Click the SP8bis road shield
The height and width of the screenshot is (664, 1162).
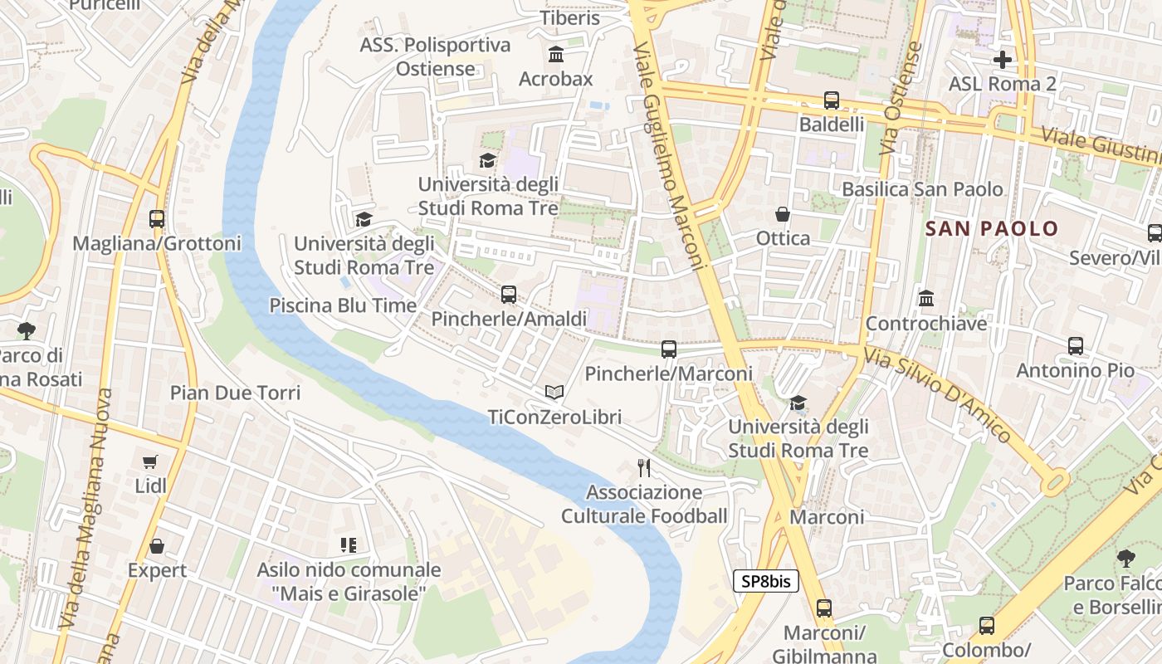765,581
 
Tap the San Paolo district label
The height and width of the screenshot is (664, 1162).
991,228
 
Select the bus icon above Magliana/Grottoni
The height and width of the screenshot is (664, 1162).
157,219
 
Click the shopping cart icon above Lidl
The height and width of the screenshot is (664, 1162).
150,461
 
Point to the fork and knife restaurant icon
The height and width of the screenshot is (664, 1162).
643,468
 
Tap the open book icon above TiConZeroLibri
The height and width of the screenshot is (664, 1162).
554,392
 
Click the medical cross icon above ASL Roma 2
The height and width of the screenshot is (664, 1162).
1002,60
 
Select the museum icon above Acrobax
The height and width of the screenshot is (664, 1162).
556,55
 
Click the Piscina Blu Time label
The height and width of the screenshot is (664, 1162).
343,305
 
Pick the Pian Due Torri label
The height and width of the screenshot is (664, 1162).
235,392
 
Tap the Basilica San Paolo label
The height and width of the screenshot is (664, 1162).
922,189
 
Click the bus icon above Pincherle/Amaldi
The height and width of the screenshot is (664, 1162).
509,294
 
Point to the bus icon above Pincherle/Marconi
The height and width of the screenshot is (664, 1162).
669,349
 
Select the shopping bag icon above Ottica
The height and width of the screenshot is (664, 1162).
782,214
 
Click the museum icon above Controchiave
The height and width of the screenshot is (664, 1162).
926,298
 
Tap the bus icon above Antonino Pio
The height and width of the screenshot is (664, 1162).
1075,345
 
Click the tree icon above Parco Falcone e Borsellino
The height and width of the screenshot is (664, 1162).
1125,558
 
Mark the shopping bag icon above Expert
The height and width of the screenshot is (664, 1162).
157,546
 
